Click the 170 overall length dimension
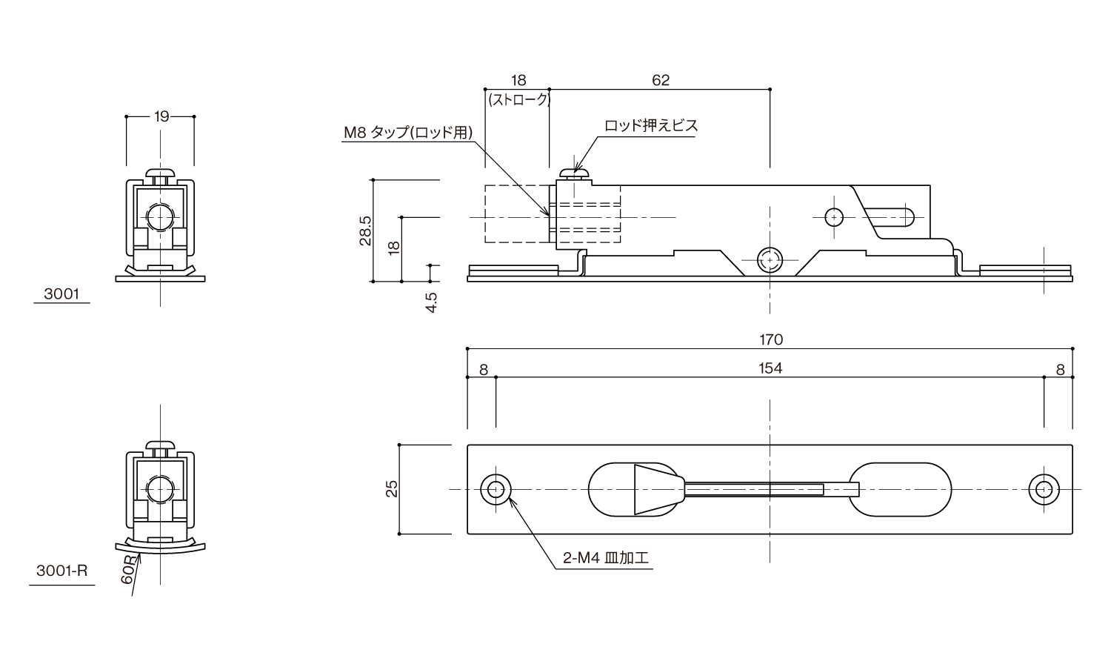click(x=770, y=340)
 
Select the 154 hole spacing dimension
click(x=770, y=368)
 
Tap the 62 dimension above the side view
click(x=661, y=80)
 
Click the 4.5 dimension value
click(x=432, y=302)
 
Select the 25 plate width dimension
click(x=393, y=488)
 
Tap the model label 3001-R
click(x=62, y=571)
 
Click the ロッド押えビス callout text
click(x=651, y=126)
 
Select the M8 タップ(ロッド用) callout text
click(x=407, y=133)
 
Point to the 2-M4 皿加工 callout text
click(x=605, y=558)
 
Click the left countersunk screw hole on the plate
click(x=495, y=489)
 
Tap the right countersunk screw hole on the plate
click(x=1044, y=489)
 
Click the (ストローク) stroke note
click(x=518, y=99)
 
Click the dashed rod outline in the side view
click(x=516, y=213)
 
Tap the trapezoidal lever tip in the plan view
click(x=655, y=489)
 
